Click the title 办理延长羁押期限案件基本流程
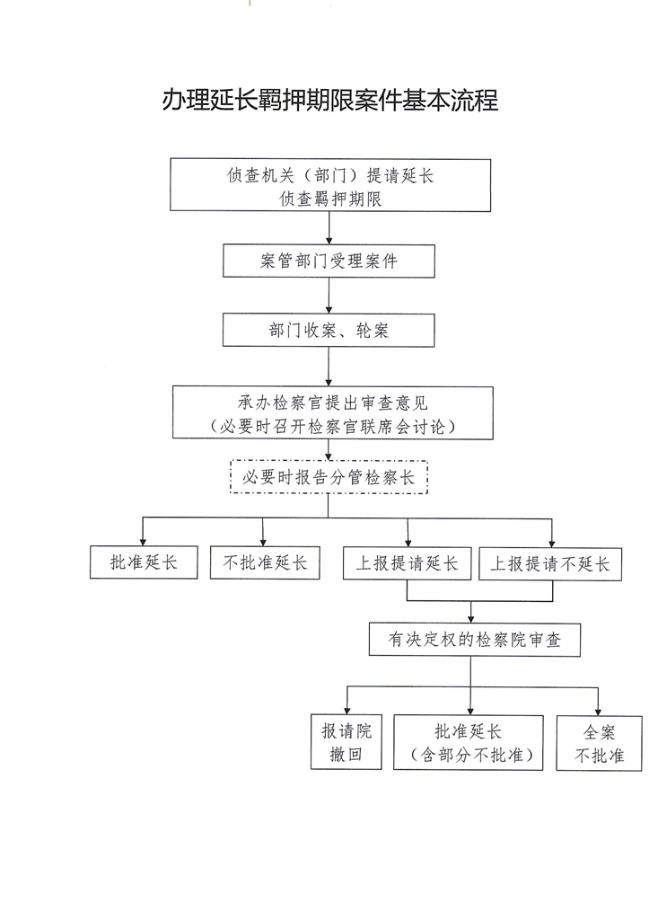(x=329, y=100)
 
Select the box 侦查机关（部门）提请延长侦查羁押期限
(x=330, y=185)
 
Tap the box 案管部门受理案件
(x=329, y=262)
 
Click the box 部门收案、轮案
(x=329, y=331)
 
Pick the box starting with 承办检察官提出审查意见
(x=333, y=413)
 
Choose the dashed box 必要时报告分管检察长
(x=329, y=477)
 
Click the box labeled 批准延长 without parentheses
(x=144, y=563)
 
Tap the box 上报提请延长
(x=408, y=563)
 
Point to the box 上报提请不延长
(x=550, y=563)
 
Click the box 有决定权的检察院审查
(x=471, y=641)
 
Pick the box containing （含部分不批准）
(x=470, y=742)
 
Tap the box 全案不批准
(x=599, y=742)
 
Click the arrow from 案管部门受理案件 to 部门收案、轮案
(x=329, y=296)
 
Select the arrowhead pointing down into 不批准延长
(x=263, y=542)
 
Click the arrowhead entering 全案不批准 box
(x=598, y=710)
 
